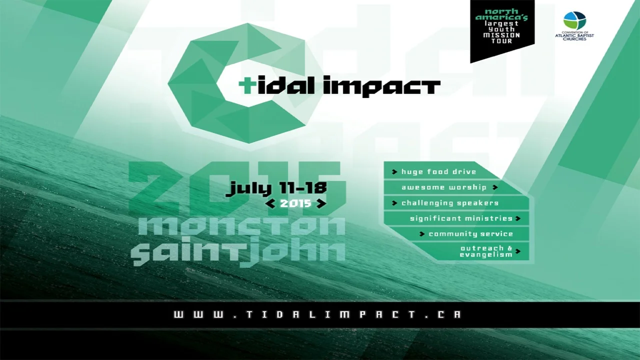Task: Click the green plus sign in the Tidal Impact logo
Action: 245,86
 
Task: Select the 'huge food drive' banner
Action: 438,172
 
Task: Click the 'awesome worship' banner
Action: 443,187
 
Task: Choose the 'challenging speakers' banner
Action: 449,203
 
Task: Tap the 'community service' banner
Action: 470,234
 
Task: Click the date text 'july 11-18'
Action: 276,188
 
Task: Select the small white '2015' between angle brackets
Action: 296,203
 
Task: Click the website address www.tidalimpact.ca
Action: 317,314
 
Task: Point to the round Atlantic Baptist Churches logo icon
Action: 574,20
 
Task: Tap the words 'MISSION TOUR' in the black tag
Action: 501,38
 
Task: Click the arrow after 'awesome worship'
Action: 495,187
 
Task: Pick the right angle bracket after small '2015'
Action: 321,203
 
